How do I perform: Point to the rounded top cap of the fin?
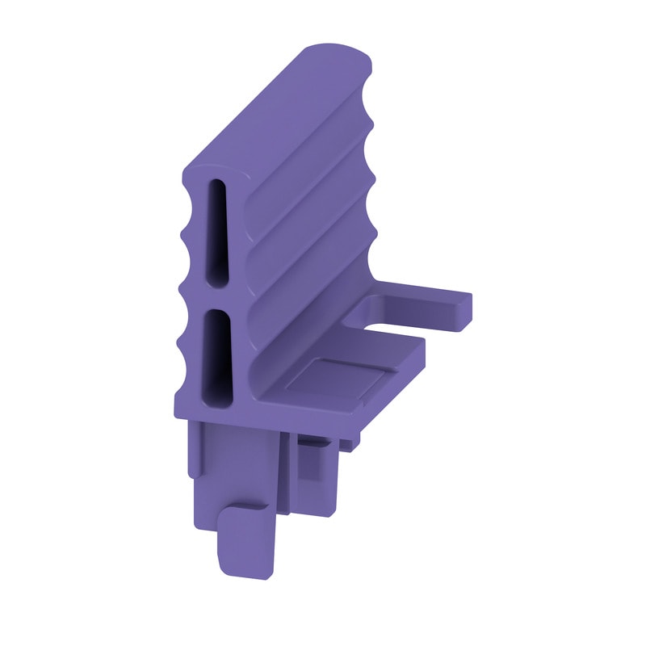pos(335,61)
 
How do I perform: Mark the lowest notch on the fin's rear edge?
pos(372,241)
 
